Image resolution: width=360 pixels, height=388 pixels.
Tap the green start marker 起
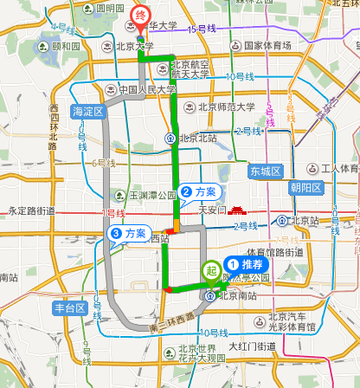[x=211, y=270]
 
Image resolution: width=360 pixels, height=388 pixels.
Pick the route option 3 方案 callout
[x=127, y=233]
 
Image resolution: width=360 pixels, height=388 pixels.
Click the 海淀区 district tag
[x=88, y=111]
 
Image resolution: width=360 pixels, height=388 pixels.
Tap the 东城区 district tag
[x=265, y=171]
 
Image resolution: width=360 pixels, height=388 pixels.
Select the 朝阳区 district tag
[x=305, y=187]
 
